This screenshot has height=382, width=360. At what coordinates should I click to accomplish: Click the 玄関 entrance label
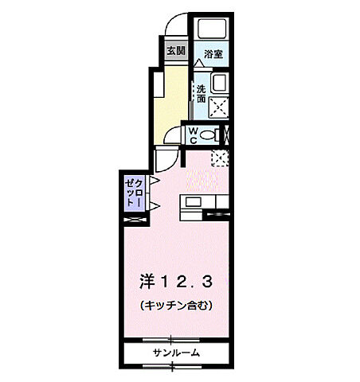[175, 50]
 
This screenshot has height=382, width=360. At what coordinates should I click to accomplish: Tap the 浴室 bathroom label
[212, 55]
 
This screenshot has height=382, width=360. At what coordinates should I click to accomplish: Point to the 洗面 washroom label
[201, 94]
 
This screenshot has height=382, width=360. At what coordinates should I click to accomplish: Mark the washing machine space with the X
[217, 104]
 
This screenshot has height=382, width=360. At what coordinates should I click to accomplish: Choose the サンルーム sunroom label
[176, 352]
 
